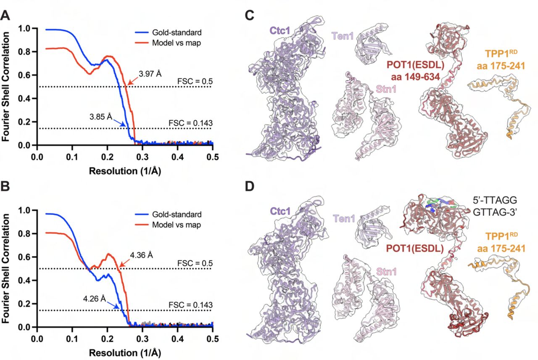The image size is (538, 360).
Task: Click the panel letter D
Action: (250, 186)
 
